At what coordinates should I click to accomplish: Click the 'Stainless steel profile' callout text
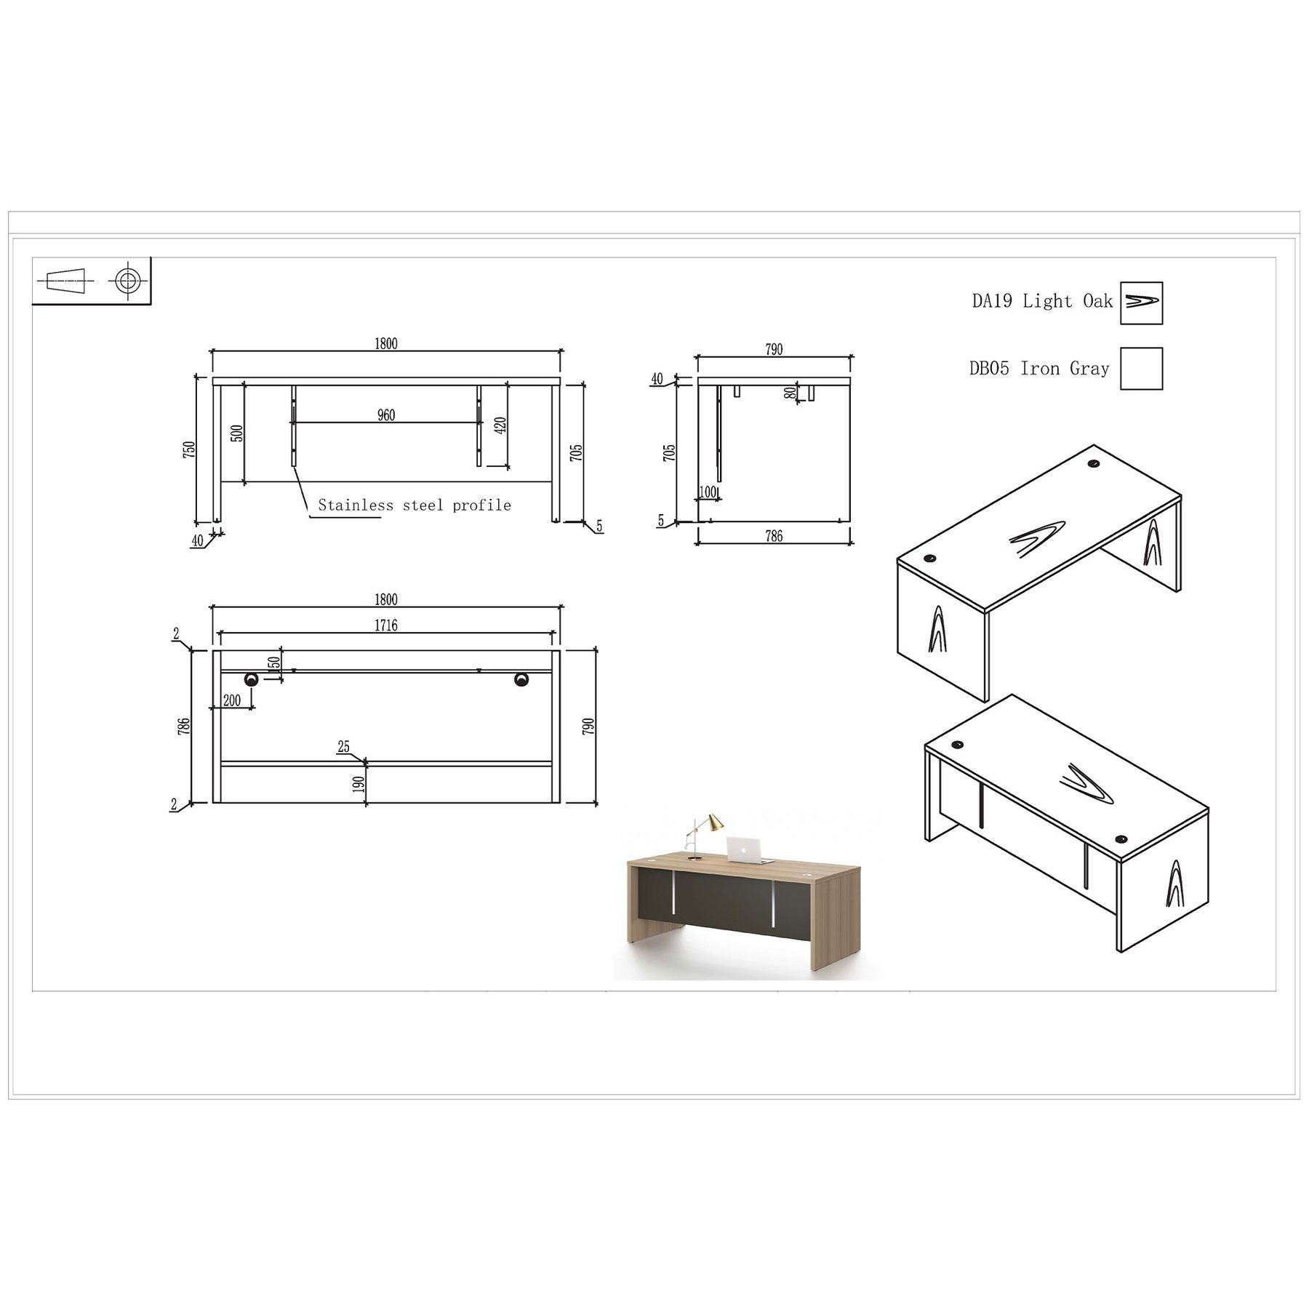(415, 505)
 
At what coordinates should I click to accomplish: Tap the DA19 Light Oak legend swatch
(1141, 303)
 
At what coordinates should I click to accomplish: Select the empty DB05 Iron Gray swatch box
(1141, 369)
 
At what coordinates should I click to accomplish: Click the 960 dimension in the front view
(386, 415)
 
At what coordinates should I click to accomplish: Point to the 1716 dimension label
(386, 625)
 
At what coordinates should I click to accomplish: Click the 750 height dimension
(189, 449)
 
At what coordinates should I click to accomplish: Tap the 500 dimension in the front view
(237, 433)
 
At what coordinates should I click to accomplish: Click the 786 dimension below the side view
(774, 537)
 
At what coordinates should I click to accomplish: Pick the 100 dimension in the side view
(708, 492)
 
